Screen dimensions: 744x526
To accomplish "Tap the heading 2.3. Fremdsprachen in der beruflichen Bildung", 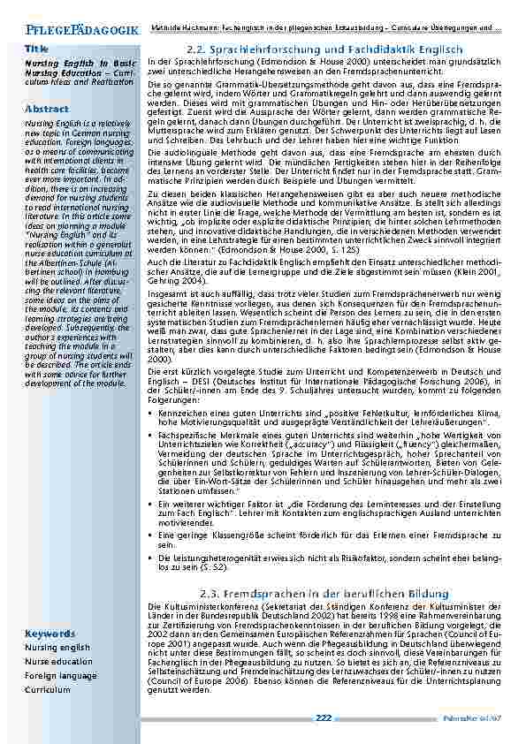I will tap(324, 593).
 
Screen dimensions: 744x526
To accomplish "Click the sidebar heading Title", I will tap(36, 48).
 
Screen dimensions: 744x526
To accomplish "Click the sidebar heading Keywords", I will tap(50, 634).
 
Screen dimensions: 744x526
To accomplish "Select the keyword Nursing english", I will tap(57, 648).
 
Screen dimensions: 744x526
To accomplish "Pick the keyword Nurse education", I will tap(58, 661).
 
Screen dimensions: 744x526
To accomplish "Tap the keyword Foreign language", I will tap(61, 676).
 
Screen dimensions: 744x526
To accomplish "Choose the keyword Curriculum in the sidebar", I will tap(50, 690).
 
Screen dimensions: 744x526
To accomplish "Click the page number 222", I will tap(324, 717).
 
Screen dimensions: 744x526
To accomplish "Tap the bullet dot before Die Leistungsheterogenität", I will tap(152, 558).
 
